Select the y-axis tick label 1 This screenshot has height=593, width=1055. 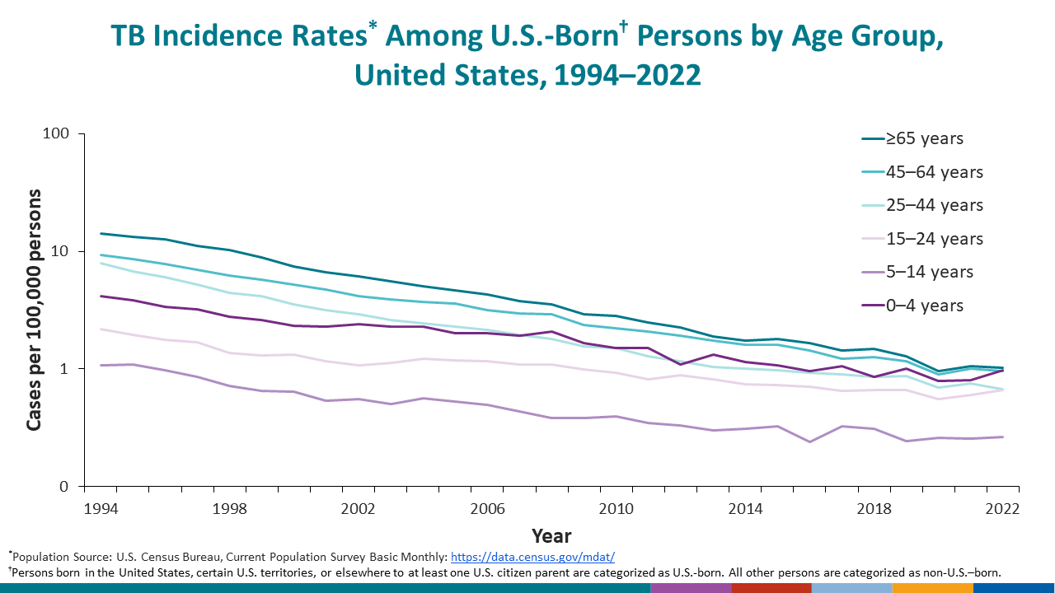pyautogui.click(x=68, y=369)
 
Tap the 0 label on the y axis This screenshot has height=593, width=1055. pyautogui.click(x=68, y=487)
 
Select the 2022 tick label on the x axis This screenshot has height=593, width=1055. pyautogui.click(x=1002, y=508)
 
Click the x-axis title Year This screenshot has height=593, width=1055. pyautogui.click(x=551, y=536)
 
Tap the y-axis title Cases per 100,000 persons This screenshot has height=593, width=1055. pyautogui.click(x=35, y=310)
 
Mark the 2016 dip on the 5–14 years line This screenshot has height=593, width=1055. pyautogui.click(x=810, y=442)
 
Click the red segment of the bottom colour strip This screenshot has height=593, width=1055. pyautogui.click(x=771, y=588)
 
